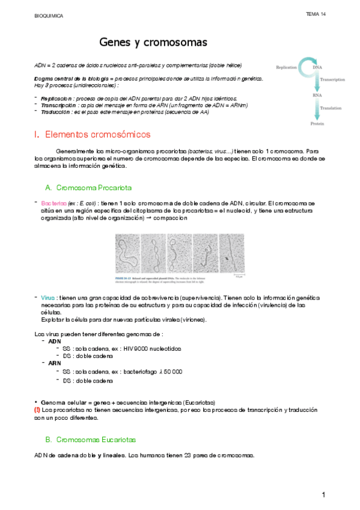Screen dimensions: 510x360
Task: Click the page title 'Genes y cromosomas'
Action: pos(153,43)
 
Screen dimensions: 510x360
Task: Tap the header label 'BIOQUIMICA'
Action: pos(48,16)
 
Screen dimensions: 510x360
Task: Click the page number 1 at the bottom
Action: pos(323,494)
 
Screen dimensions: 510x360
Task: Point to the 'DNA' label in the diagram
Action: pos(317,67)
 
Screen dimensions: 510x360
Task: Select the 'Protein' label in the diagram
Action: pos(317,123)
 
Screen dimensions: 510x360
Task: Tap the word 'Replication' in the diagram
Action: pos(286,67)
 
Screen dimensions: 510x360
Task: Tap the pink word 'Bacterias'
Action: pos(54,203)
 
